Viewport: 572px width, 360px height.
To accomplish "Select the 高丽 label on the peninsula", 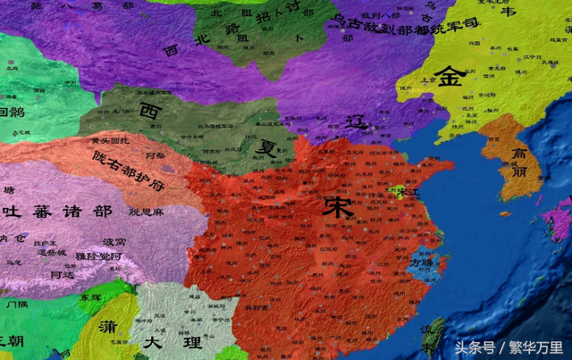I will tap(524, 163).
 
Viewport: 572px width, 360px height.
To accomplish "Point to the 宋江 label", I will tap(411, 193).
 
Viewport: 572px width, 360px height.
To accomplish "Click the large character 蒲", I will tap(107, 324).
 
